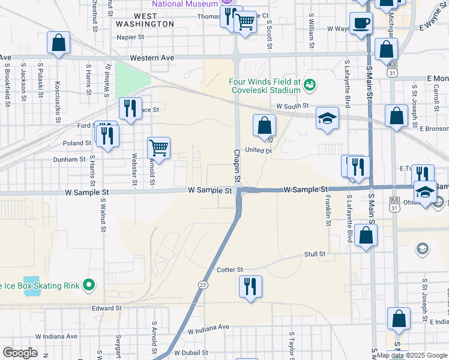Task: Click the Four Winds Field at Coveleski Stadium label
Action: point(264,86)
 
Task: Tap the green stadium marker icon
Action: point(310,85)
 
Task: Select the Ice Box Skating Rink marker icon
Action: point(89,285)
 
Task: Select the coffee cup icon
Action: point(361,23)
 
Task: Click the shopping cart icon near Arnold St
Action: point(158,146)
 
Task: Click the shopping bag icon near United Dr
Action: point(264,125)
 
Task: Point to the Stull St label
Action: point(315,254)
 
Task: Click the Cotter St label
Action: point(230,270)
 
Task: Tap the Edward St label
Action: point(106,308)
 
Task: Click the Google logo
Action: point(19,353)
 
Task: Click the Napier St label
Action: point(132,37)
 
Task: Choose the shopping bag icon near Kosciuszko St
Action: point(59,43)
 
